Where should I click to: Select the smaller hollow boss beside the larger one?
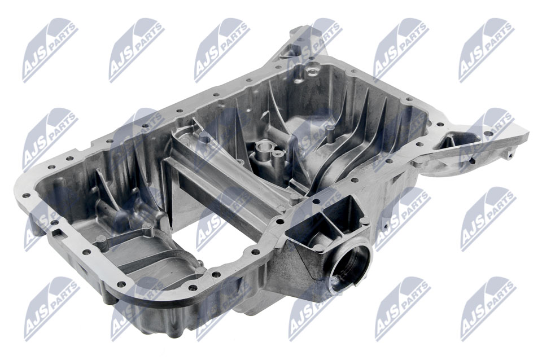pyautogui.click(x=277, y=153)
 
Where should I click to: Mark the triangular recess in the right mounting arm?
pyautogui.click(x=449, y=142)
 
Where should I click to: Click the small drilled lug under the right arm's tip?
pyautogui.click(x=509, y=155)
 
